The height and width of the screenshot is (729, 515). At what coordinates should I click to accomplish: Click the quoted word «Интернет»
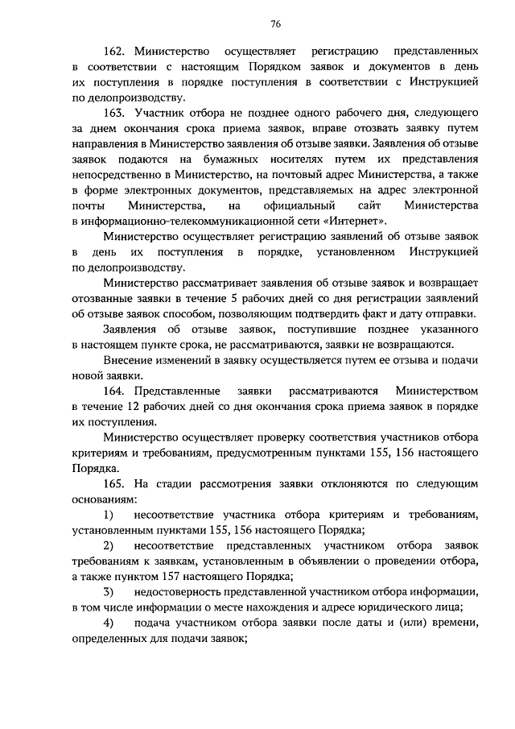pyautogui.click(x=348, y=222)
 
